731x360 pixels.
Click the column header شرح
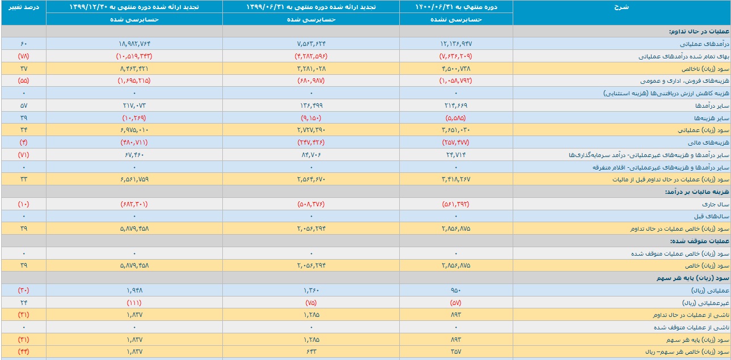pos(622,7)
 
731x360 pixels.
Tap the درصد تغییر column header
pos(23,7)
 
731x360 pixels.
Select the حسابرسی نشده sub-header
pos(456,19)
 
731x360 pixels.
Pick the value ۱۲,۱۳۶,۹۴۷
pos(456,44)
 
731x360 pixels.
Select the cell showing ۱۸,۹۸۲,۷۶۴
pos(134,44)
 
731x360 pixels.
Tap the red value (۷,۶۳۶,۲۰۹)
pos(456,56)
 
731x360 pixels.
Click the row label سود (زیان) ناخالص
pos(705,69)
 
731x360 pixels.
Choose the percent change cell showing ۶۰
pos(23,44)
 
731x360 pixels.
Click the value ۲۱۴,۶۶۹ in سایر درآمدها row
pos(456,105)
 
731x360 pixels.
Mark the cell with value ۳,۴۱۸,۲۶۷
pos(456,179)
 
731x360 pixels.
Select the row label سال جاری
pos(715,204)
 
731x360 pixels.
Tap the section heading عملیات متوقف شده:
pos(699,241)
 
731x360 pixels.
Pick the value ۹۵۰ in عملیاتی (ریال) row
pos(456,290)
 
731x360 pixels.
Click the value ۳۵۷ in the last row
pos(456,351)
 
